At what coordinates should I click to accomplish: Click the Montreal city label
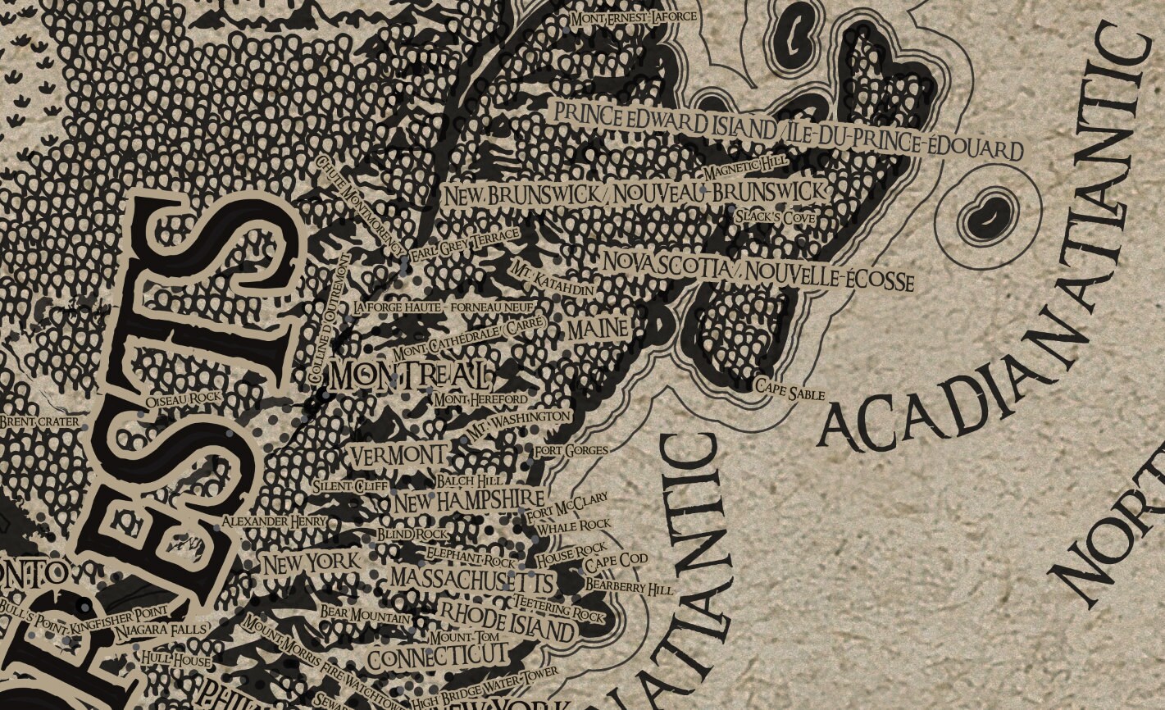pos(411,376)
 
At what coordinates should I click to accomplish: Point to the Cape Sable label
pos(790,390)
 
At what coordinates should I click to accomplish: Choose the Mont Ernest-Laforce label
pos(634,17)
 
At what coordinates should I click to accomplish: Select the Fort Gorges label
pos(571,450)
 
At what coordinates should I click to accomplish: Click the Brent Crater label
pos(40,422)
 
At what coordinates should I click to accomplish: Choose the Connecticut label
pos(437,657)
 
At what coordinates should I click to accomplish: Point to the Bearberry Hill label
pos(629,587)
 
